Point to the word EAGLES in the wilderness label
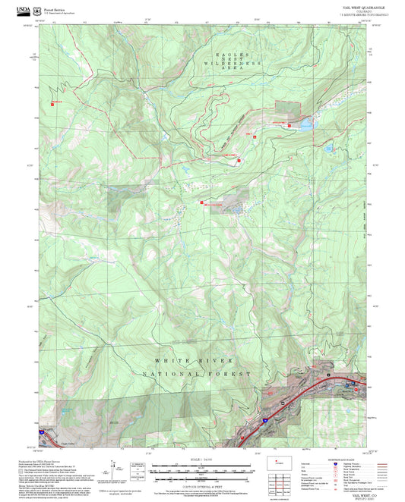[220, 56]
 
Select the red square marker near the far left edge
[50, 101]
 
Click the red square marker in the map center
[201, 202]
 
